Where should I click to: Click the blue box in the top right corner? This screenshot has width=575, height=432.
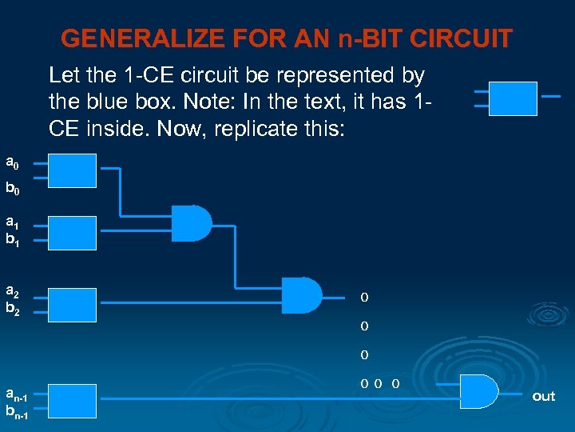pos(513,98)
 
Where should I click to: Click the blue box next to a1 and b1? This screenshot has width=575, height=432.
pos(73,232)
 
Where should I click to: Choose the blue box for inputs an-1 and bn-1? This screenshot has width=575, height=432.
pos(73,399)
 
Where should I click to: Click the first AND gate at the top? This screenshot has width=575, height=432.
pos(192,223)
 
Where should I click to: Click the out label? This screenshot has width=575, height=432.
pos(543,397)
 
